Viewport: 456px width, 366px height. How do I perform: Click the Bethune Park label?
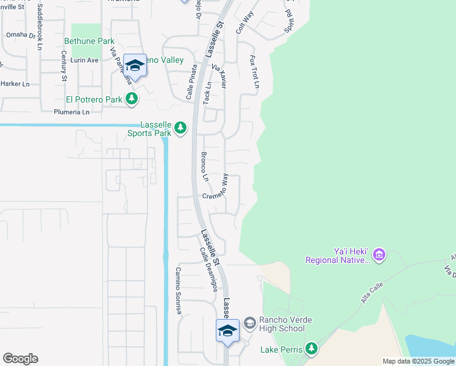(x=89, y=41)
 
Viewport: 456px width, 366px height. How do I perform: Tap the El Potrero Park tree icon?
(x=131, y=99)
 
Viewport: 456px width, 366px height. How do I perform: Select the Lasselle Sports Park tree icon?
(x=180, y=127)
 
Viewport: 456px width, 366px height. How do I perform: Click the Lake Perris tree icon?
(x=312, y=348)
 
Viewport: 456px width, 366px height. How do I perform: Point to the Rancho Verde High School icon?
(x=249, y=323)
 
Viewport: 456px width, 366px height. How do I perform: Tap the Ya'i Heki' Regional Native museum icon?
(x=379, y=253)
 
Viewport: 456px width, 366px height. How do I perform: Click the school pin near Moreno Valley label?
(x=135, y=66)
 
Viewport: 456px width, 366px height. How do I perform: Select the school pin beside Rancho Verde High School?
(x=227, y=331)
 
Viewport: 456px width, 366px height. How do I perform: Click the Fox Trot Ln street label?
(x=254, y=71)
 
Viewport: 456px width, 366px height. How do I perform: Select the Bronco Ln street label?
(x=205, y=167)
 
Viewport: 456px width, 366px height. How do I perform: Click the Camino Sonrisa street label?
(x=178, y=290)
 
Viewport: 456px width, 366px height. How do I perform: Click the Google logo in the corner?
(x=20, y=359)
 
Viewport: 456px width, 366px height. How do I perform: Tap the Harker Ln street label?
(x=15, y=83)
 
